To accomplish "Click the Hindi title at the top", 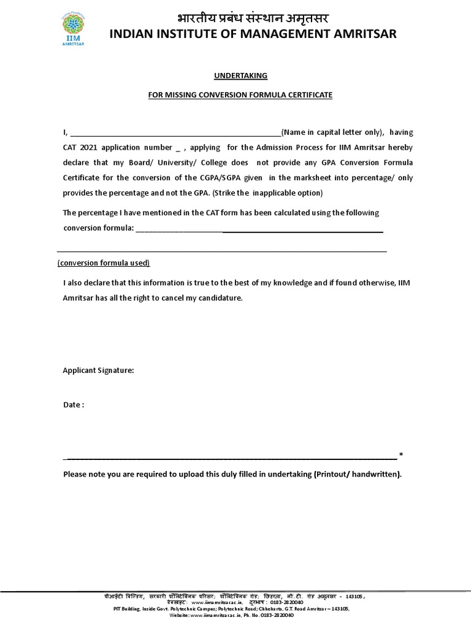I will [253, 17].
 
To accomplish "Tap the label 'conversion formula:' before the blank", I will [98, 228].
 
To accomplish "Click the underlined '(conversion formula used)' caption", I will [104, 263].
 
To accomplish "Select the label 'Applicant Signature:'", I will [99, 370].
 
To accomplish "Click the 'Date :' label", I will [74, 405].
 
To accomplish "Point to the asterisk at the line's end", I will [401, 455].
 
